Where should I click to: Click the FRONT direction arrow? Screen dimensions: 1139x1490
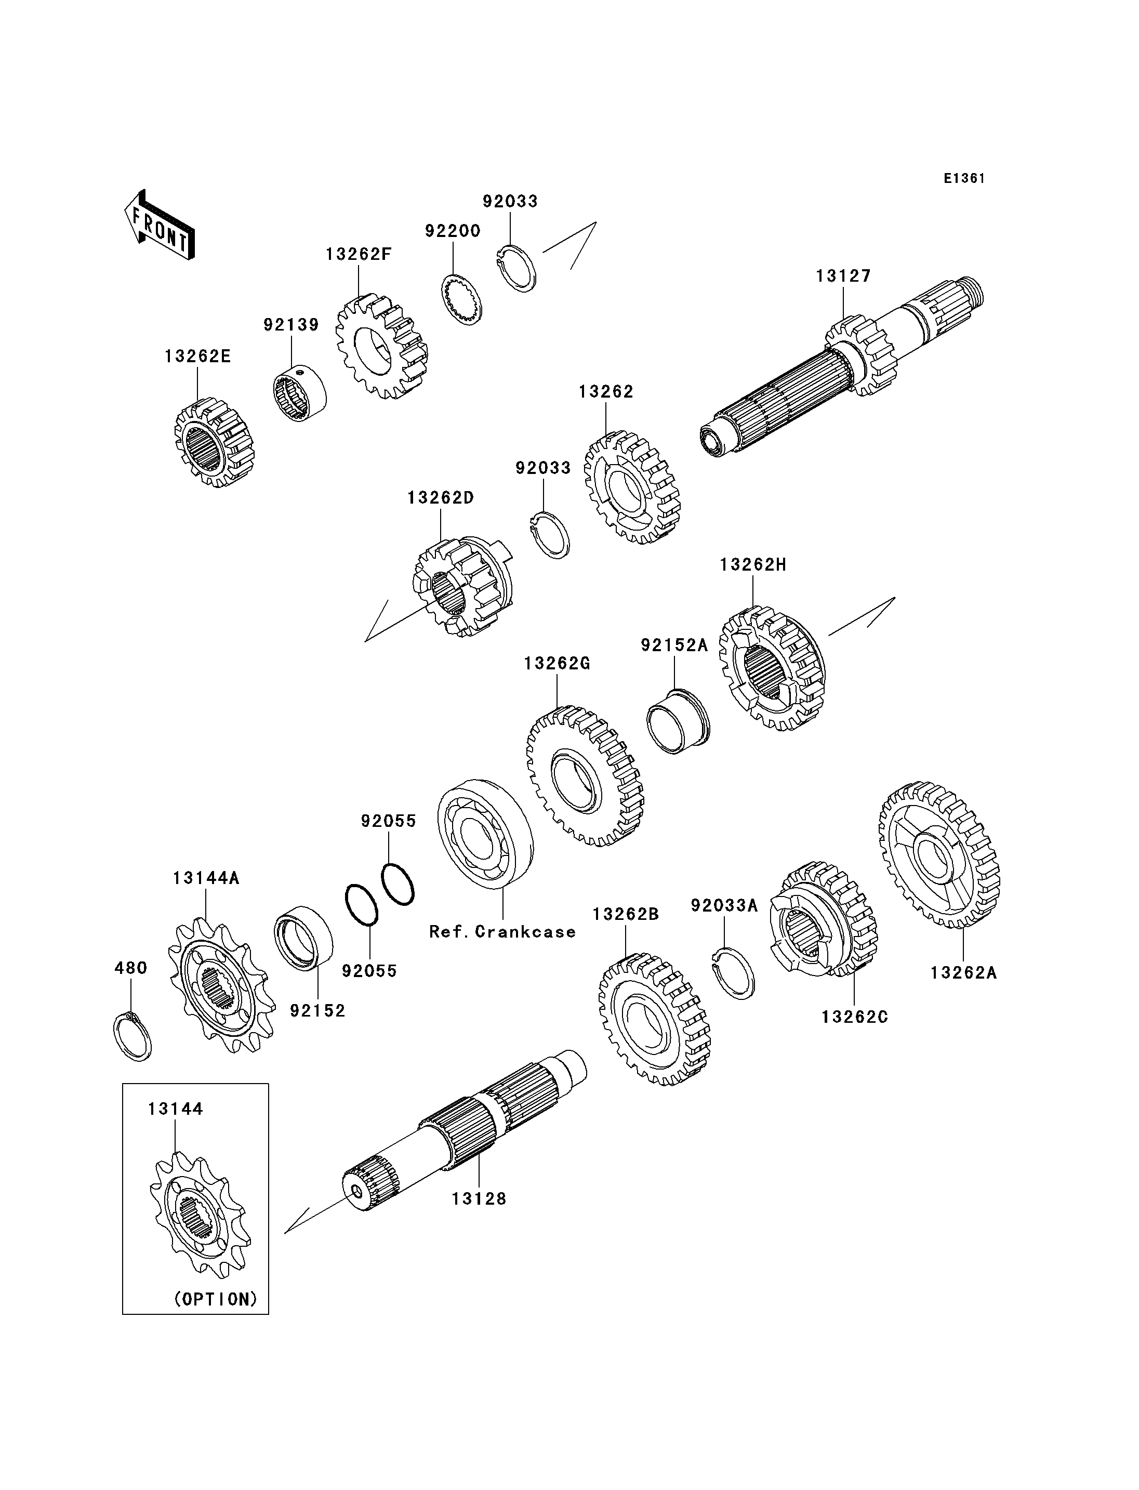160,225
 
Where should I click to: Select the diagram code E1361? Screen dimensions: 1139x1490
964,178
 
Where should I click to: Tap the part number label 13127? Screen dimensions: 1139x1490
843,276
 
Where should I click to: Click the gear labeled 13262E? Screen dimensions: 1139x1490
214,443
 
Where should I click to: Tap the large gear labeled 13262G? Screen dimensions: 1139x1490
585,775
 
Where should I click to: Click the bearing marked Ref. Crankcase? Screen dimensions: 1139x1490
485,834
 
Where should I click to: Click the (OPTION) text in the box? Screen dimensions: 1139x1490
216,1299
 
